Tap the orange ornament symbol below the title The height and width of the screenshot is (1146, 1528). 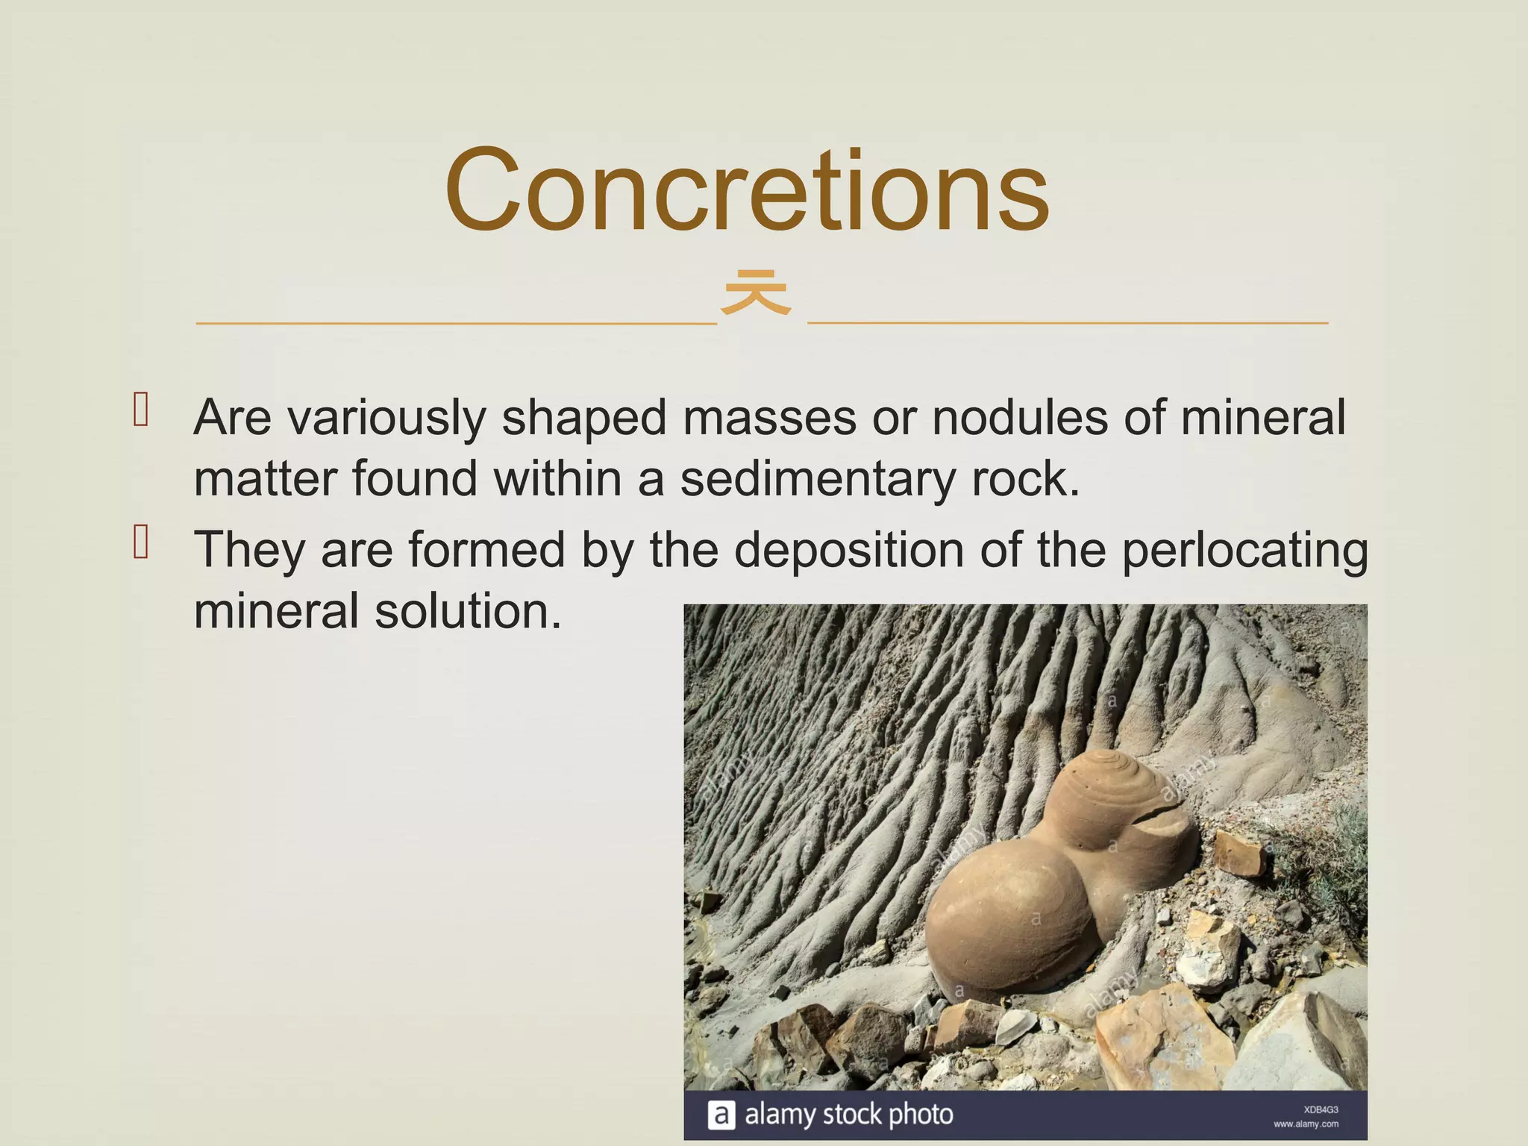point(756,292)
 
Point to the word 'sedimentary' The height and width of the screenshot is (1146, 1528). point(818,479)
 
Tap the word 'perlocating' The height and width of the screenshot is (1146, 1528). point(1244,551)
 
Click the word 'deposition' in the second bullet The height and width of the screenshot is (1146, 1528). point(848,551)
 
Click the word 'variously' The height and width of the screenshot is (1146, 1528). point(386,418)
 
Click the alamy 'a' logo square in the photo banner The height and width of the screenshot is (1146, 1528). point(721,1115)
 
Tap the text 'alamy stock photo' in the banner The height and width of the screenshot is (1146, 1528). point(849,1115)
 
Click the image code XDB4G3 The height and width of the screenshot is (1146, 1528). point(1321,1109)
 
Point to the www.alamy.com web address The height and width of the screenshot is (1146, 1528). point(1306,1124)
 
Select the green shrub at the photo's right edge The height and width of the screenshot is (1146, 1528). point(1336,858)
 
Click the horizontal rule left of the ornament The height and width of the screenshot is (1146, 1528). point(455,323)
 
